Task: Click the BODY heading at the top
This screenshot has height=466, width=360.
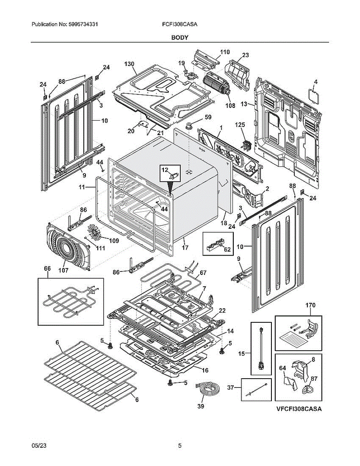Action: click(180, 37)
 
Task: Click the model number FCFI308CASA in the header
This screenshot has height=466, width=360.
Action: click(180, 24)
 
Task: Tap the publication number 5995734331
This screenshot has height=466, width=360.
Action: click(83, 24)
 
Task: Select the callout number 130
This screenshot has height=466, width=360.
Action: click(130, 64)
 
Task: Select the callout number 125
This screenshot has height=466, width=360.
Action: click(241, 125)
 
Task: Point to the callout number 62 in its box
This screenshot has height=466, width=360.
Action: click(227, 249)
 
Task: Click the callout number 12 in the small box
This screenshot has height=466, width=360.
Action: click(165, 170)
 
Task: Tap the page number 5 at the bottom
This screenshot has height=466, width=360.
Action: click(180, 446)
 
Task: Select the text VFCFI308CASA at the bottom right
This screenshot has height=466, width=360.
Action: click(299, 409)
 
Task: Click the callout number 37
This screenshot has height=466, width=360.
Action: click(231, 387)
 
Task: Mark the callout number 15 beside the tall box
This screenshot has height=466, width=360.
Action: click(242, 354)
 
